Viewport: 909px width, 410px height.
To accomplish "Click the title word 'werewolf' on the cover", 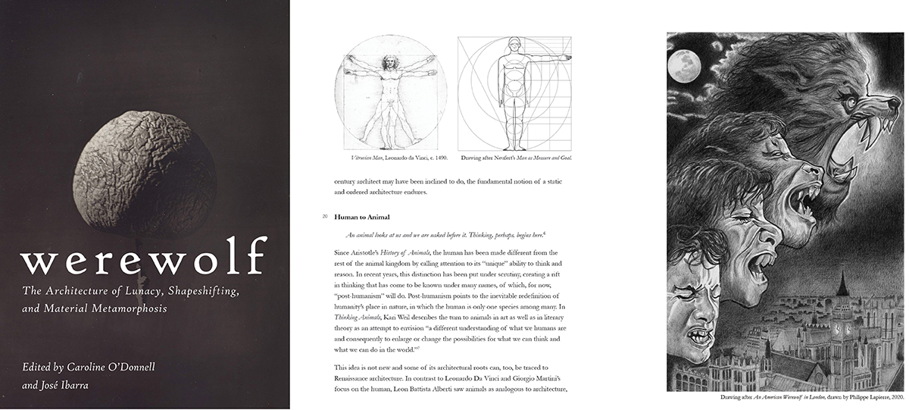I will pyautogui.click(x=145, y=258).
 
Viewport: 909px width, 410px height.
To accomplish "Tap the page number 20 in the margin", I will pyautogui.click(x=324, y=218).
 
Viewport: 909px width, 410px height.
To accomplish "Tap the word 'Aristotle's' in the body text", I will pyautogui.click(x=375, y=252).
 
